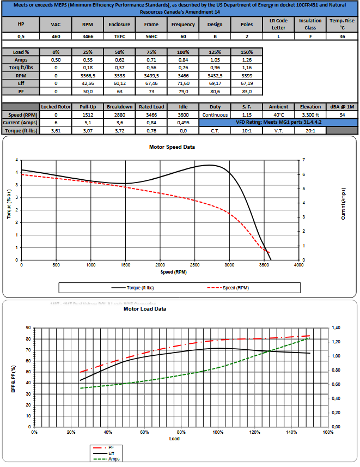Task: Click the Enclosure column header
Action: click(119, 25)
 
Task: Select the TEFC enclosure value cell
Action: click(119, 36)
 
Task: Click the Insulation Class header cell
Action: click(310, 25)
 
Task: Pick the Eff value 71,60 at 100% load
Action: click(183, 83)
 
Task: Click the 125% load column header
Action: click(215, 52)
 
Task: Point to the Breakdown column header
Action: click(119, 107)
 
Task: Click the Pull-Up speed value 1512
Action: click(87, 115)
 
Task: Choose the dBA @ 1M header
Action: click(341, 107)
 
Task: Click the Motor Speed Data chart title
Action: click(172, 147)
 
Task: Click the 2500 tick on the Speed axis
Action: click(194, 265)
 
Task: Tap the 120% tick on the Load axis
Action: click(254, 432)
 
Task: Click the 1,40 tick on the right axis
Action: click(338, 327)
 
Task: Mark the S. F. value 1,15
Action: click(247, 115)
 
